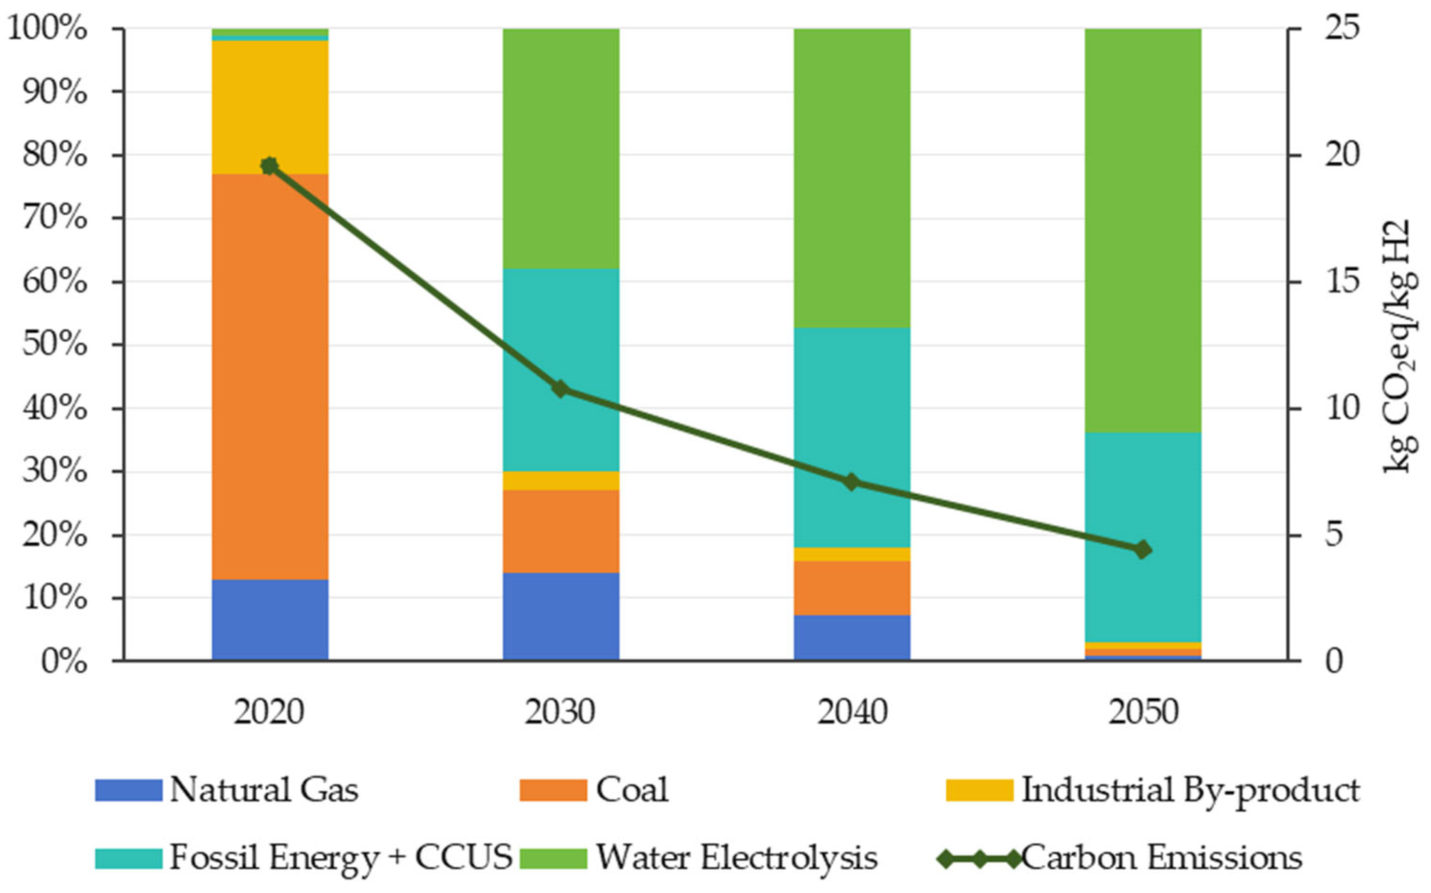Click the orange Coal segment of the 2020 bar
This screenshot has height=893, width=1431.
(x=270, y=377)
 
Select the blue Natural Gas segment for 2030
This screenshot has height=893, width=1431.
(x=561, y=617)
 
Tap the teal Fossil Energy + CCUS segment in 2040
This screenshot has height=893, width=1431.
(x=851, y=438)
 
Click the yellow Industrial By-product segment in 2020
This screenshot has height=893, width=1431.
(x=270, y=107)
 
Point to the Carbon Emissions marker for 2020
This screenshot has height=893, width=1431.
(x=270, y=166)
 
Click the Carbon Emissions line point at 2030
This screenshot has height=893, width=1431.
(x=561, y=389)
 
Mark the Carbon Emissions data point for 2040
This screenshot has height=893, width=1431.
(x=851, y=482)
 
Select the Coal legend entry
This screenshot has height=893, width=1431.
(x=594, y=790)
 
